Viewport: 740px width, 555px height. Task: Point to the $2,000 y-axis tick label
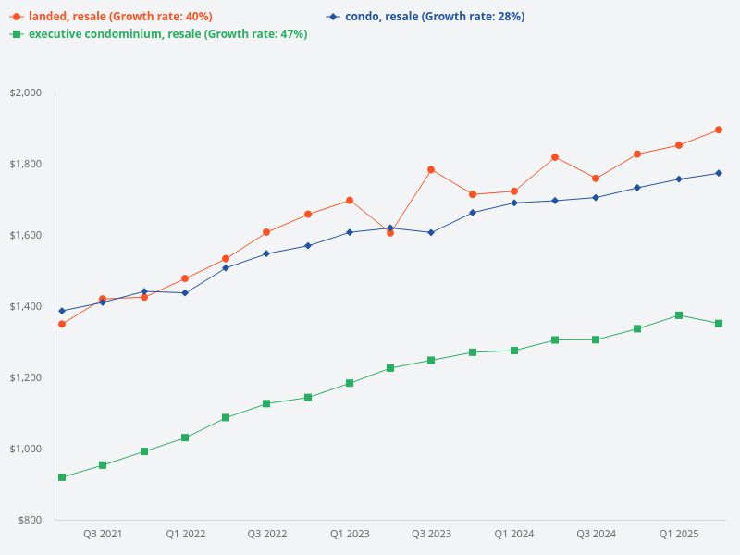(x=26, y=92)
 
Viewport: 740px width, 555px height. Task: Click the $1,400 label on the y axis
(x=26, y=306)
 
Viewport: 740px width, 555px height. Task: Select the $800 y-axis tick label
(x=30, y=520)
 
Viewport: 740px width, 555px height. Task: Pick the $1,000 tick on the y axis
(x=26, y=449)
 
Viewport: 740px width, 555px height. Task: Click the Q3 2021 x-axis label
(x=103, y=534)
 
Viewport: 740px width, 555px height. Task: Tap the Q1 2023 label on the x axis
(x=350, y=534)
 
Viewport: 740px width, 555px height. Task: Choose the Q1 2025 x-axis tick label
(x=678, y=534)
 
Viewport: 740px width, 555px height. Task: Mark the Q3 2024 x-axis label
(x=596, y=534)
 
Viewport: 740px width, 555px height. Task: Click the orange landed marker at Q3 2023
(x=431, y=169)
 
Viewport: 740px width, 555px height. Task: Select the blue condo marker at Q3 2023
(x=431, y=232)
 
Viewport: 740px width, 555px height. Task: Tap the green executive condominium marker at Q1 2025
(x=678, y=315)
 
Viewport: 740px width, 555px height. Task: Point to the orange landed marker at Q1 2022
(x=185, y=278)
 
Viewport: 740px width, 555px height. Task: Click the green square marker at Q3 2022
(x=266, y=403)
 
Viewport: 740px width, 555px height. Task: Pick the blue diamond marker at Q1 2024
(x=513, y=203)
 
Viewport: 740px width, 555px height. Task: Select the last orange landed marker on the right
(x=719, y=129)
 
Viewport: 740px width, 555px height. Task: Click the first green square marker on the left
(x=62, y=477)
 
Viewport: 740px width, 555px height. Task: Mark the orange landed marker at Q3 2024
(x=596, y=179)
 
